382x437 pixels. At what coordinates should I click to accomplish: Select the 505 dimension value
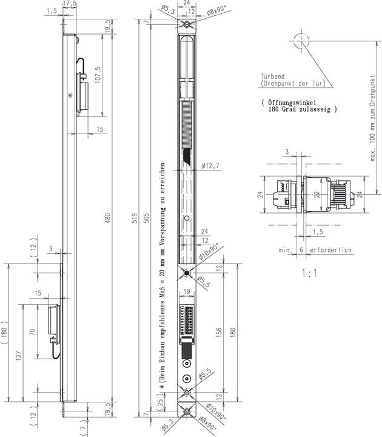[145, 218]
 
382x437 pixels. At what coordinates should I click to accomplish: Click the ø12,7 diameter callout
[208, 166]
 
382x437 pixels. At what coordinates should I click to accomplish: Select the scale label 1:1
[309, 273]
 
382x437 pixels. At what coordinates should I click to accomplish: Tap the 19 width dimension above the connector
[187, 292]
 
